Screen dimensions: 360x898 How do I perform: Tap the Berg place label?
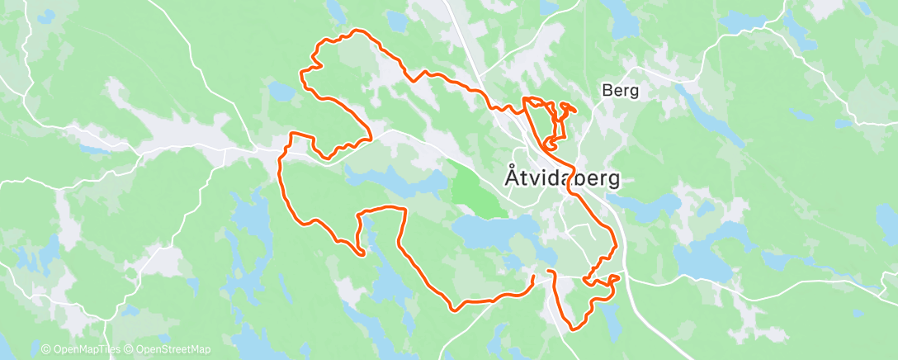pyautogui.click(x=621, y=91)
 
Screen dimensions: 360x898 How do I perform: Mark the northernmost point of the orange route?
pyautogui.click(x=357, y=31)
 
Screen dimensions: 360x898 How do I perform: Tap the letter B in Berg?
pyautogui.click(x=607, y=91)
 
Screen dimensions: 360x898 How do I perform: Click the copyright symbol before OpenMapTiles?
pyautogui.click(x=45, y=350)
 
